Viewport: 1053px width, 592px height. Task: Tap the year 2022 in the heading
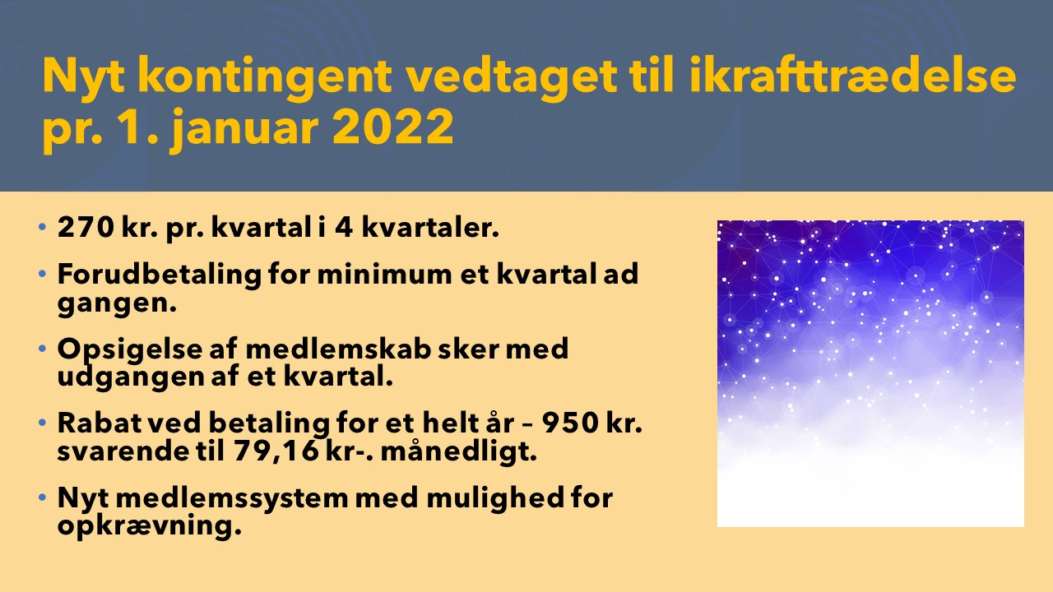[393, 127]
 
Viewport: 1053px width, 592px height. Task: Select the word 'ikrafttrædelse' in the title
[853, 75]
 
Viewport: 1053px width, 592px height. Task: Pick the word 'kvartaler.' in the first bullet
[429, 228]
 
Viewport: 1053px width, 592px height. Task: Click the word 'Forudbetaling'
[160, 274]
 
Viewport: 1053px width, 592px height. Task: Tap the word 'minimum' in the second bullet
[384, 274]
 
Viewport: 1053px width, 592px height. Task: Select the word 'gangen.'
[117, 303]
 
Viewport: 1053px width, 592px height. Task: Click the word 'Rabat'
[100, 423]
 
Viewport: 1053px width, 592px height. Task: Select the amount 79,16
[276, 451]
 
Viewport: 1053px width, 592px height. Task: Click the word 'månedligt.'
[458, 451]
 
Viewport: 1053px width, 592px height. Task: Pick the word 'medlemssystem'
[232, 498]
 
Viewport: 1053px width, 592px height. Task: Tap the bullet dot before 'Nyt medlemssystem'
[42, 497]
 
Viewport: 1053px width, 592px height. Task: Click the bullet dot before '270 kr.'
[42, 227]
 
